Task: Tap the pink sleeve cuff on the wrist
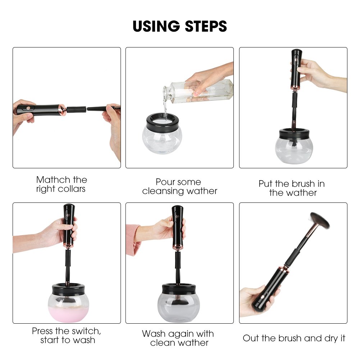pyautogui.click(x=133, y=240)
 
